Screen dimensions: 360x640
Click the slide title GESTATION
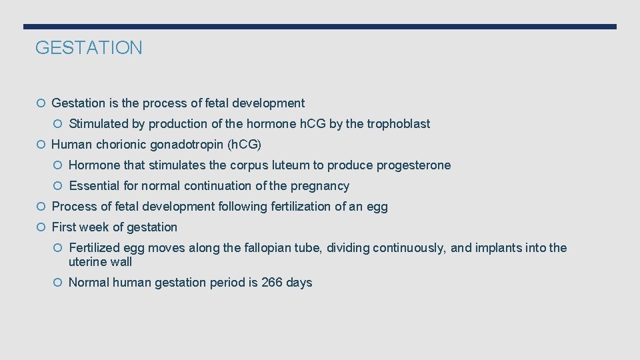pos(89,48)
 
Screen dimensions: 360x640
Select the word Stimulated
pos(95,124)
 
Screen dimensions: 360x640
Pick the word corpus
pos(249,165)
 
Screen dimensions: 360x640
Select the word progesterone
pos(413,165)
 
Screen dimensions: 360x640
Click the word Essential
pos(93,186)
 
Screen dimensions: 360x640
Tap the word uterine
pos(86,262)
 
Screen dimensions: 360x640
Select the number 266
pos(271,283)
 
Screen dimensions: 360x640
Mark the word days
pos(299,283)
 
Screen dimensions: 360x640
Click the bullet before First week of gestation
pos(41,227)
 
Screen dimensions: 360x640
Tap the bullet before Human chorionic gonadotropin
pos(41,145)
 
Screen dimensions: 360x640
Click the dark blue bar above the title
pos(320,27)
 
